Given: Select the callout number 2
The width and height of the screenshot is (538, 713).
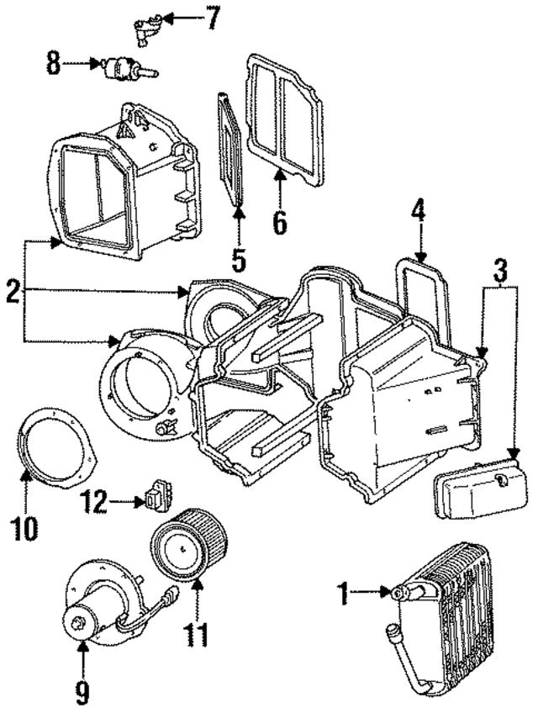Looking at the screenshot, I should (13, 293).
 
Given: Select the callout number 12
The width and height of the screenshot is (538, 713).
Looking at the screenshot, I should (95, 503).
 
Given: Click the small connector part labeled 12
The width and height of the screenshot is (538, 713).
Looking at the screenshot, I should (159, 496).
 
